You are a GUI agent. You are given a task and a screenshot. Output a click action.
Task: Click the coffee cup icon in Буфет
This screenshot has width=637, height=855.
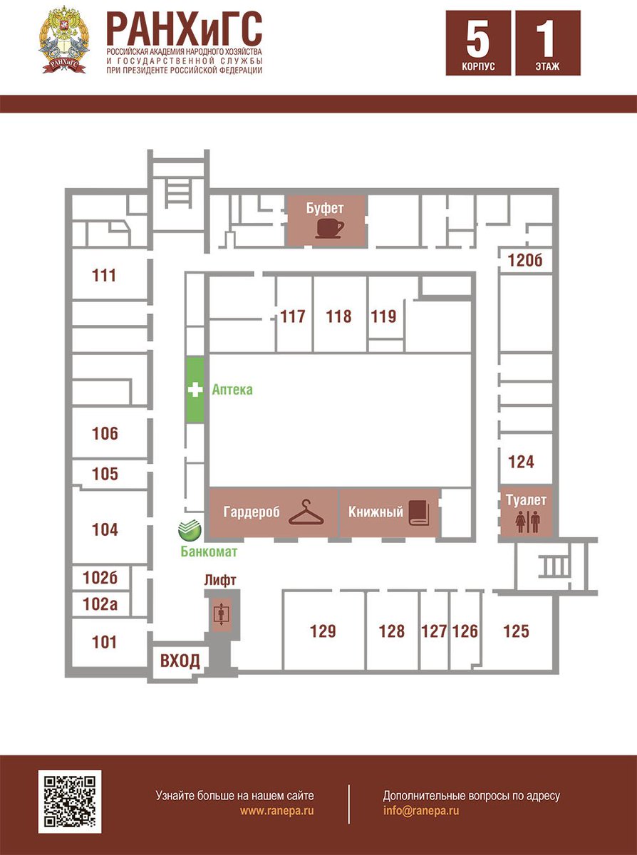click(x=330, y=228)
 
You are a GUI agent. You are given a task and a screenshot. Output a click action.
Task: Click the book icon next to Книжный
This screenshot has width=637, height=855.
click(x=420, y=512)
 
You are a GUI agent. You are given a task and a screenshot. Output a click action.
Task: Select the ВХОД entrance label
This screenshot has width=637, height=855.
click(x=180, y=660)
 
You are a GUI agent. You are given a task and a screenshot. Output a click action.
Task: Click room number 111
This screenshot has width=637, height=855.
click(x=104, y=275)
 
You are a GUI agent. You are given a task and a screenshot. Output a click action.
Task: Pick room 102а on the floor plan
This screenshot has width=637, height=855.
click(x=100, y=605)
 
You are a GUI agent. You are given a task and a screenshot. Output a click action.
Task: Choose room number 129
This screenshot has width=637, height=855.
click(x=323, y=631)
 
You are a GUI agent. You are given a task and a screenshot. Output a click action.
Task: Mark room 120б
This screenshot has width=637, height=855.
click(x=525, y=261)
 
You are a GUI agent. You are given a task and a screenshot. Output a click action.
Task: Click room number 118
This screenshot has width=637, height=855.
click(x=338, y=316)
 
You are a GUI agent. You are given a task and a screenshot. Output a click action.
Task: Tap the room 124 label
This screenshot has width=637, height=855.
click(x=521, y=462)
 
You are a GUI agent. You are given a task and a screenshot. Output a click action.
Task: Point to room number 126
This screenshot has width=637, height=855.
click(x=465, y=631)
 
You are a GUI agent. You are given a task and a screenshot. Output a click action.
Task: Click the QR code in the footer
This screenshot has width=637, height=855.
click(x=70, y=801)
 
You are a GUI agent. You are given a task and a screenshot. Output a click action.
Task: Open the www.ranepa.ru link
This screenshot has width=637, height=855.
click(x=277, y=811)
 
